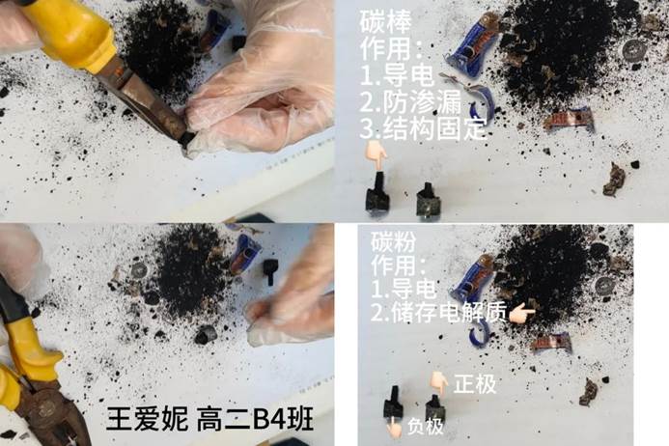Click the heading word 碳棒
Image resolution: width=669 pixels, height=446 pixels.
click(x=386, y=21)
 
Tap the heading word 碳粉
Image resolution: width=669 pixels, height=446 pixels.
click(x=393, y=242)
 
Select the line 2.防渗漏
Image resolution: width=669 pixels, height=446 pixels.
click(x=410, y=102)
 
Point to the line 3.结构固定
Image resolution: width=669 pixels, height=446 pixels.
click(x=423, y=128)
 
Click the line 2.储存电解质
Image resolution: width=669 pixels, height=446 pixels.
click(x=438, y=312)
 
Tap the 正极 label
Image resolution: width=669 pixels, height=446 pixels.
click(x=475, y=384)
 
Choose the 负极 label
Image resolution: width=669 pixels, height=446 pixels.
click(x=426, y=427)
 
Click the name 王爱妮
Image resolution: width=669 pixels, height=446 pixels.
click(x=147, y=419)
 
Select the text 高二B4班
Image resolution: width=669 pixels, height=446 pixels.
click(x=255, y=419)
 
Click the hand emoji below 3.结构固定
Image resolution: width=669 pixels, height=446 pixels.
click(x=376, y=154)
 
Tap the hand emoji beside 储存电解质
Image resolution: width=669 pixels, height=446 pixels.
click(x=522, y=313)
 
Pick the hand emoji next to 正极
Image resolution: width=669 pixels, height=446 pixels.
click(x=438, y=383)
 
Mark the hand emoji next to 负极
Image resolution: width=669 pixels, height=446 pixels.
click(x=393, y=428)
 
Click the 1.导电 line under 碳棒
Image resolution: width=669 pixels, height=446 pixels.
click(x=397, y=76)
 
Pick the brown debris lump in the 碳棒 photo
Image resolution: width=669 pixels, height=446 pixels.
click(x=614, y=180)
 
